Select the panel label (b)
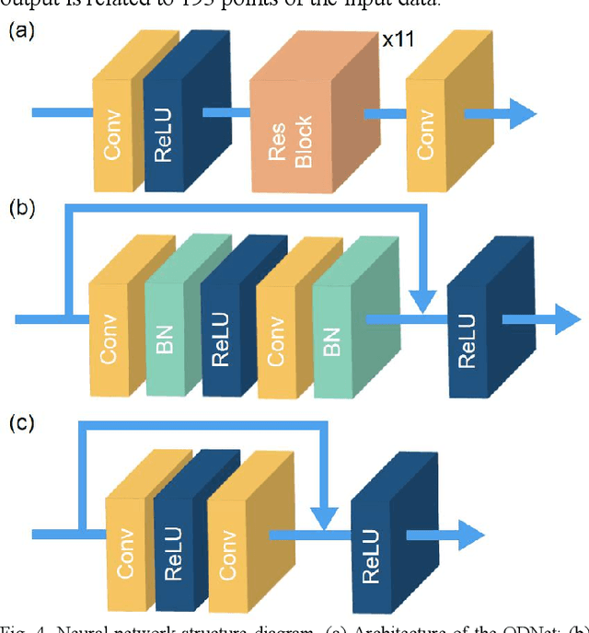22,208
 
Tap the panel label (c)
22,424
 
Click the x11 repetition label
398,41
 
